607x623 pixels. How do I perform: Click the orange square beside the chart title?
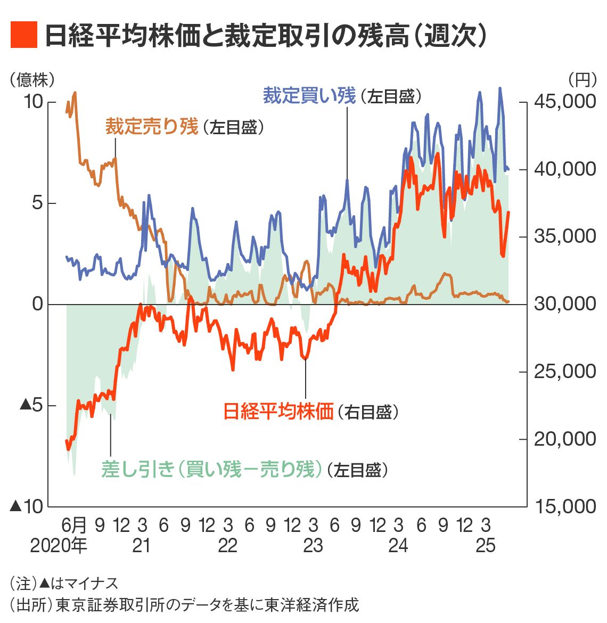(x=24, y=35)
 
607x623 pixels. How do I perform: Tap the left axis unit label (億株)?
(x=32, y=80)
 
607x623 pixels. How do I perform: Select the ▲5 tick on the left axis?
(x=31, y=405)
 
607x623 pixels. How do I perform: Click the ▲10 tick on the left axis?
(x=27, y=506)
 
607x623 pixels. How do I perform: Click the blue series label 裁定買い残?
(x=309, y=96)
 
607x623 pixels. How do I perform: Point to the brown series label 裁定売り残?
(x=151, y=127)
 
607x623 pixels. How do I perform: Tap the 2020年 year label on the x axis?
(x=58, y=546)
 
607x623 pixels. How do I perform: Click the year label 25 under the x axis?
(x=486, y=546)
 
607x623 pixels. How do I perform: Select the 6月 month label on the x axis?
(x=74, y=526)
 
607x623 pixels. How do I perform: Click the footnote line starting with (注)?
(x=64, y=584)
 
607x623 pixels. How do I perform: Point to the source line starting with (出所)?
(x=184, y=605)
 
